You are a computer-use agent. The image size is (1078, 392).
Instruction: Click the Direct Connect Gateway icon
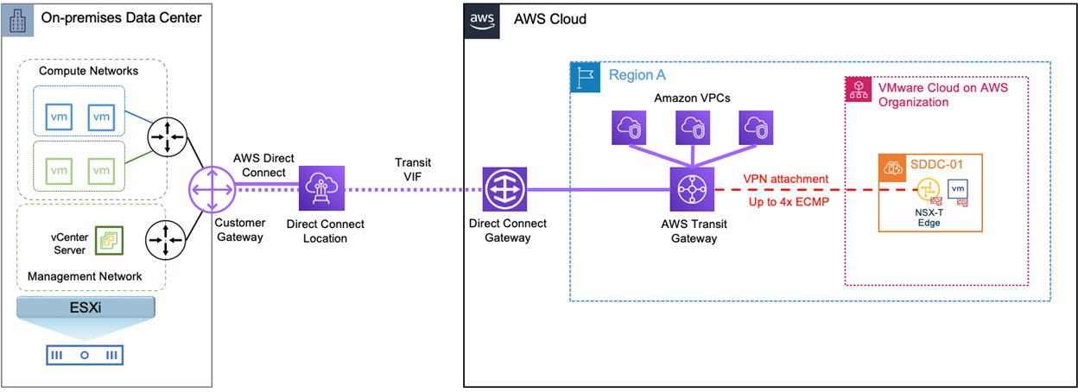(500, 191)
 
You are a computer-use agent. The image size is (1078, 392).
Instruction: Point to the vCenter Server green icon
(109, 243)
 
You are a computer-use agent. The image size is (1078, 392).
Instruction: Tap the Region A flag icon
(585, 77)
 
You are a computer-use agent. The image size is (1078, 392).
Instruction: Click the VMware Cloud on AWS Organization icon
(858, 91)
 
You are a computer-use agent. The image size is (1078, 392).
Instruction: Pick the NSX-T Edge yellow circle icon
(927, 190)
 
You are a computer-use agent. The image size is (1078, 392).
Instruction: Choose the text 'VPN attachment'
(785, 179)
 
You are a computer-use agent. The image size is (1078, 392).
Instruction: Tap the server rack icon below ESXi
(84, 355)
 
